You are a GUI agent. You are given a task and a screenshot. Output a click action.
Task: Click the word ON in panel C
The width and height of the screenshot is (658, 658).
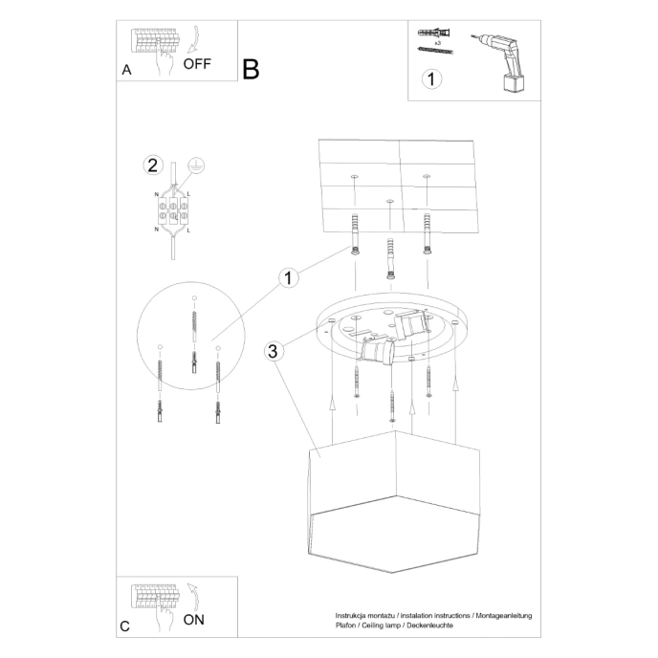point(193,620)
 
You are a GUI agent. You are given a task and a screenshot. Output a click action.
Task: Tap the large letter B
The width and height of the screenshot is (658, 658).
point(251,69)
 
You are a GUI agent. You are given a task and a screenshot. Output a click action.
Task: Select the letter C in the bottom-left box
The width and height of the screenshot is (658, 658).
point(125,626)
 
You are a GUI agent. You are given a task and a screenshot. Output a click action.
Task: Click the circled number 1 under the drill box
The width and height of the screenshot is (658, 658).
point(433,79)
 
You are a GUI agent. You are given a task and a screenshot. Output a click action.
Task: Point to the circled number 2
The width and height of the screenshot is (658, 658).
point(152,164)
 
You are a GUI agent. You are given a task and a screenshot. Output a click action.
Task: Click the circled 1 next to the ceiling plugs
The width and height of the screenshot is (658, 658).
point(287,278)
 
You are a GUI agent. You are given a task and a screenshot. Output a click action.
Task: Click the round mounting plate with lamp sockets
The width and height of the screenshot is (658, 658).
point(392,336)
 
